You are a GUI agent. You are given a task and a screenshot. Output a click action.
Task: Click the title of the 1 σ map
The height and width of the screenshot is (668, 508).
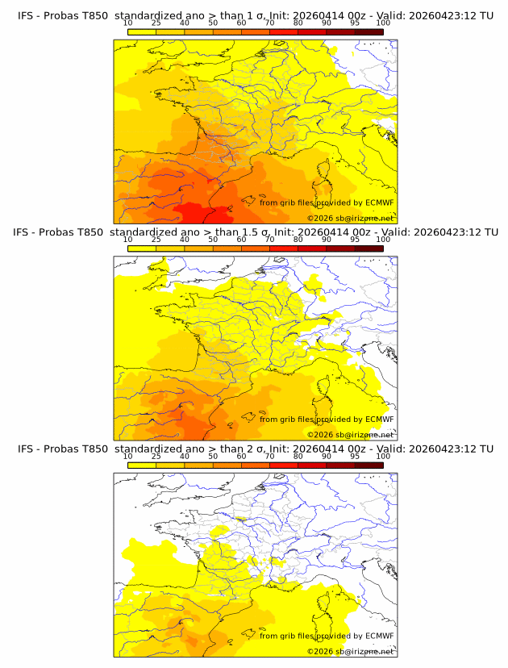(x=255, y=15)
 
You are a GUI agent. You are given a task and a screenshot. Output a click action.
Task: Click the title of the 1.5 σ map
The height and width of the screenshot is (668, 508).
(x=255, y=232)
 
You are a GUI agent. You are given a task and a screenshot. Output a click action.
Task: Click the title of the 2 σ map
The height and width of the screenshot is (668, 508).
(x=255, y=449)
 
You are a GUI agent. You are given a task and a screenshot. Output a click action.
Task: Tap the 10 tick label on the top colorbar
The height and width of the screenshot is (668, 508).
(x=128, y=23)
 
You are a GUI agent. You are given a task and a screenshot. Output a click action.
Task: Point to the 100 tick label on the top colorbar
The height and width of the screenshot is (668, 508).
(x=383, y=23)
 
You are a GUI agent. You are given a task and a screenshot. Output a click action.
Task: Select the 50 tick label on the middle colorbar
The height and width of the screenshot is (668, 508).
(x=213, y=240)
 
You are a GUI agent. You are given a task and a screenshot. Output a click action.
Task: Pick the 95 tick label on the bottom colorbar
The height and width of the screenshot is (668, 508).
(x=355, y=457)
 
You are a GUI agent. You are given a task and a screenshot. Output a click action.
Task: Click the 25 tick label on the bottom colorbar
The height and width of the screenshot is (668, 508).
(x=156, y=457)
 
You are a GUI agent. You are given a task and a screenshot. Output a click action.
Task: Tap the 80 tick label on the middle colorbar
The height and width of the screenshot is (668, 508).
(x=298, y=240)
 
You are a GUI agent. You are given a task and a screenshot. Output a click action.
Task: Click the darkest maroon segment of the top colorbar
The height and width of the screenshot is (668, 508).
(x=369, y=31)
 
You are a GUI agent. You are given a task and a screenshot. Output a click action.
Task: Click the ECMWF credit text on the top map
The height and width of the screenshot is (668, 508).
(x=327, y=202)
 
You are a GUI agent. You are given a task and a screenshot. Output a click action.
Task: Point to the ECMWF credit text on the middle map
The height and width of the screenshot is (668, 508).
(x=327, y=420)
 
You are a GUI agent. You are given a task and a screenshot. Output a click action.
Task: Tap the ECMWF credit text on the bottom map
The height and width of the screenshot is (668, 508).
(x=327, y=636)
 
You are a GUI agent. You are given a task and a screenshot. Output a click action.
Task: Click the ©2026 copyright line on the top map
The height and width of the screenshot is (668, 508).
(x=350, y=219)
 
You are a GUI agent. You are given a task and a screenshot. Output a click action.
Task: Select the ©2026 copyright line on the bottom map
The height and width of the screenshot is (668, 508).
(x=350, y=652)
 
